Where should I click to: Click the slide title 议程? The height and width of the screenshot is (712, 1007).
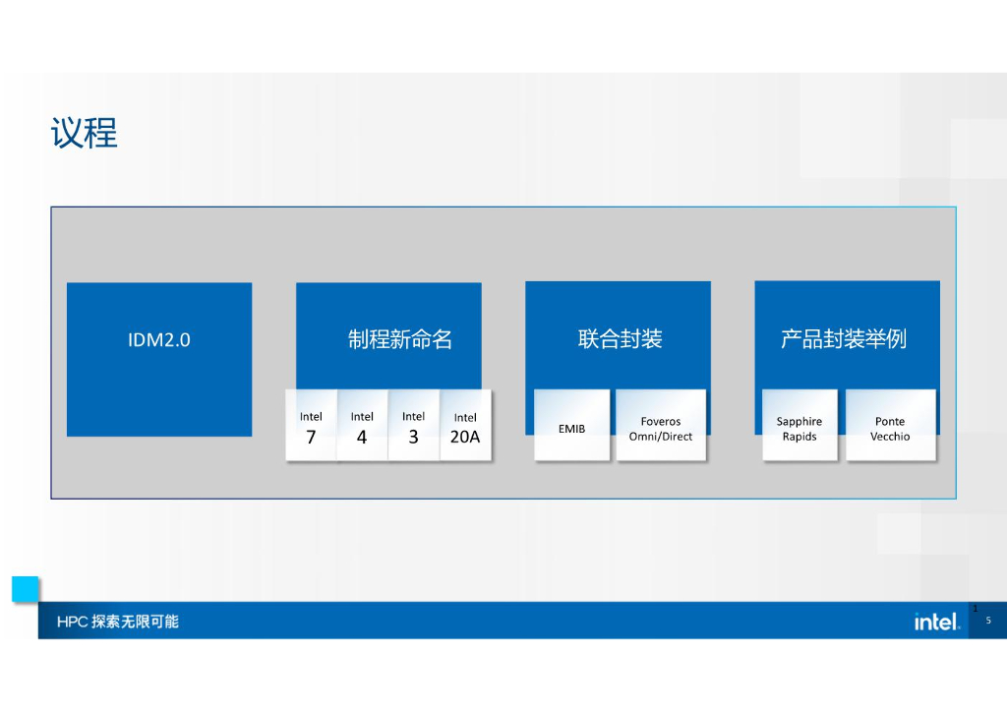[85, 133]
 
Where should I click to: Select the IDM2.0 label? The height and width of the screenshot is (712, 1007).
[159, 340]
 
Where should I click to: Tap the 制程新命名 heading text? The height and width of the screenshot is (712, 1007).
[399, 339]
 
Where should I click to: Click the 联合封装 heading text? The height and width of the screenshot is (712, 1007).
[620, 339]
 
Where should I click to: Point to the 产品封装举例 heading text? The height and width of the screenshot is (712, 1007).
[843, 339]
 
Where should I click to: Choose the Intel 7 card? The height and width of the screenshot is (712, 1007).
[311, 426]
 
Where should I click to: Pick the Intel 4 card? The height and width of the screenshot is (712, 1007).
[362, 426]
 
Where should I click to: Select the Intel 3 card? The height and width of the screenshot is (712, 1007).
[413, 426]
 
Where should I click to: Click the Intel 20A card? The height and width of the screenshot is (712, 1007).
[465, 426]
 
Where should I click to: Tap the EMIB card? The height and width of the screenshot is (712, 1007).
[571, 426]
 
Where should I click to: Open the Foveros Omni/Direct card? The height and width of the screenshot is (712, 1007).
[661, 426]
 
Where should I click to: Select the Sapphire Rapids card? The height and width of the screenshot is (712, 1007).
[800, 426]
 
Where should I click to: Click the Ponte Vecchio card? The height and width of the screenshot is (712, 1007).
[890, 426]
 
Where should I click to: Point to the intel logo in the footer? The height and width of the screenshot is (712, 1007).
[936, 622]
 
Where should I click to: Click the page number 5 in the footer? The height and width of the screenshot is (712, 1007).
[988, 621]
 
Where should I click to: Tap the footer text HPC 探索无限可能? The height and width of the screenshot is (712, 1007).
[118, 622]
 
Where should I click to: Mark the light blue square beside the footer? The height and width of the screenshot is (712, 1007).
[26, 589]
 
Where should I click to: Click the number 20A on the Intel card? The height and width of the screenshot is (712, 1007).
[465, 437]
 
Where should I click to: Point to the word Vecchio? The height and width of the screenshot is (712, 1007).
[890, 437]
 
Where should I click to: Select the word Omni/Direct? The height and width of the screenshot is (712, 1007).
[661, 437]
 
